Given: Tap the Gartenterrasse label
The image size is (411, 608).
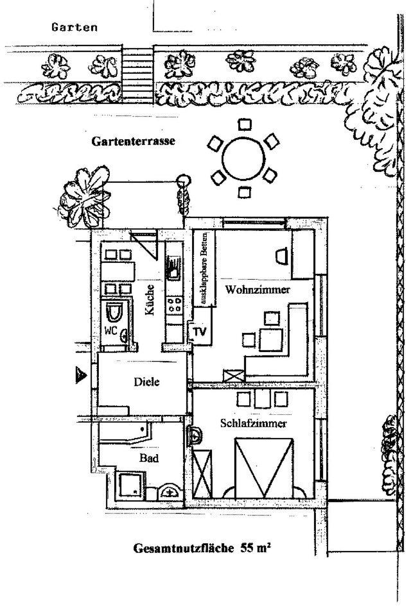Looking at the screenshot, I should [x=133, y=140].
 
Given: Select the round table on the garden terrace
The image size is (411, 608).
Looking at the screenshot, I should [x=243, y=156].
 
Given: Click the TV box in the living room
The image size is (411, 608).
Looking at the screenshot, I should [x=199, y=332].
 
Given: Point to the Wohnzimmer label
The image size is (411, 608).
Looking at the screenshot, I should [x=258, y=290].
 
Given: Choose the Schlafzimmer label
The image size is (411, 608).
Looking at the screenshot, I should [x=253, y=424].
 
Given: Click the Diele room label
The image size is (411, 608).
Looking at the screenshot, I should [x=146, y=382].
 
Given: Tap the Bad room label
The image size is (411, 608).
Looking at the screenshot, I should [x=149, y=459].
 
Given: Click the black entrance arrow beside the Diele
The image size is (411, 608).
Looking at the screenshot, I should [x=81, y=375].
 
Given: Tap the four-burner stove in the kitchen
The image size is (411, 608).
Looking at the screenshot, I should [x=175, y=305].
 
